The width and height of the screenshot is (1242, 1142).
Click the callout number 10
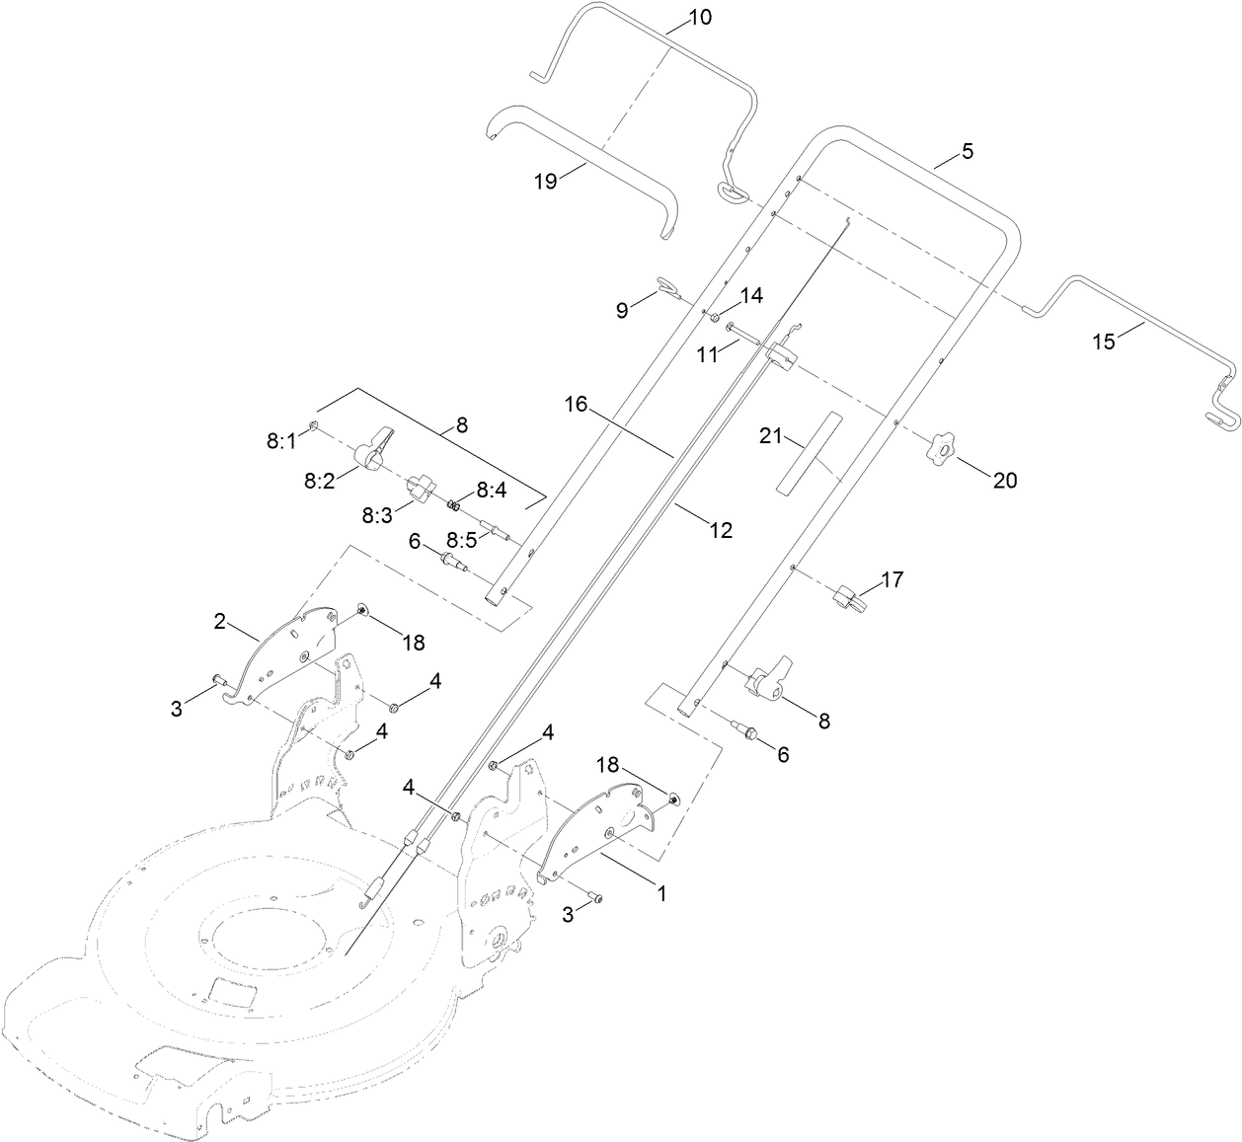click(699, 18)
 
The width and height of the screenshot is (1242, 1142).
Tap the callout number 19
click(545, 181)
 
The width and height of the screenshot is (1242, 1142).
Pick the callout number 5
click(967, 152)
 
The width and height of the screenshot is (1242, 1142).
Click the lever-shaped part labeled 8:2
click(375, 449)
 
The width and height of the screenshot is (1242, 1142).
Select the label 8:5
click(461, 540)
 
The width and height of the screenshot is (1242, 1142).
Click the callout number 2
click(220, 621)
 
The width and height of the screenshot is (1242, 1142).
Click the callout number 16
click(577, 404)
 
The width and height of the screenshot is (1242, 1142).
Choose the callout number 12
click(721, 530)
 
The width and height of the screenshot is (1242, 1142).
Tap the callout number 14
click(751, 295)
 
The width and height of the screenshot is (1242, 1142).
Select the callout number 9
click(622, 310)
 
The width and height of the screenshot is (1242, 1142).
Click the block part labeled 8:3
click(421, 487)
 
